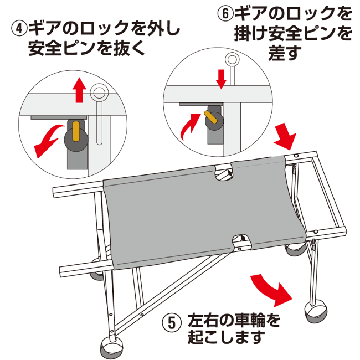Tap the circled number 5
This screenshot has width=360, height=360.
tap(172, 322)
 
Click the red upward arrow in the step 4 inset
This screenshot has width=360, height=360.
tap(80, 90)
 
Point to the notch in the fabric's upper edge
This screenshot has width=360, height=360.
tap(225, 172)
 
